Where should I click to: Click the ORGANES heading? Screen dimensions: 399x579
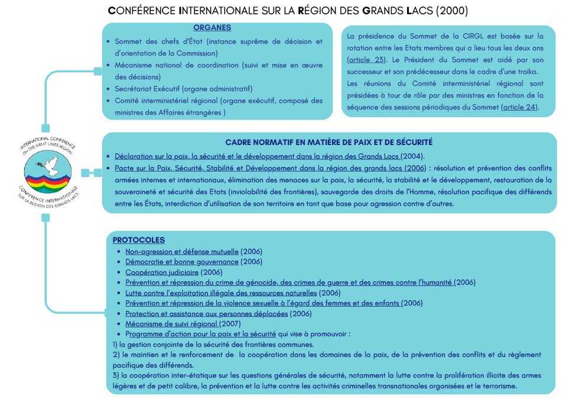click(212, 28)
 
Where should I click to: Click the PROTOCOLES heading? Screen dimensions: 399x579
click(138, 240)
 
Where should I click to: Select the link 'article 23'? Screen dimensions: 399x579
click(366, 60)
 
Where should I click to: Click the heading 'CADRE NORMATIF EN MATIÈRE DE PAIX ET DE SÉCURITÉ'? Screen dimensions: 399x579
click(329, 143)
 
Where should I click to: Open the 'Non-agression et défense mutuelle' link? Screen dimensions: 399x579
click(182, 252)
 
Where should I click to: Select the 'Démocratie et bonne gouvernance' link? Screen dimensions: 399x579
click(182, 262)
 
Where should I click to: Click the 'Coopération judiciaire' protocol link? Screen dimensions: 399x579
click(162, 272)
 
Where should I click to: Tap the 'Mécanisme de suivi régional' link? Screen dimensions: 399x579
click(172, 324)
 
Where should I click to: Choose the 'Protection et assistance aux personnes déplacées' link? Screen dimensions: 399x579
click(207, 313)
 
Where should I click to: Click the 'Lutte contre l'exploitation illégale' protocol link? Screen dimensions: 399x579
click(221, 293)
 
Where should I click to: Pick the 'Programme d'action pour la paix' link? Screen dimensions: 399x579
click(201, 334)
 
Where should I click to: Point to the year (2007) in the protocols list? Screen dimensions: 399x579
click(230, 324)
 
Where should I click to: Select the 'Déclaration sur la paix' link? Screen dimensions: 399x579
click(258, 156)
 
